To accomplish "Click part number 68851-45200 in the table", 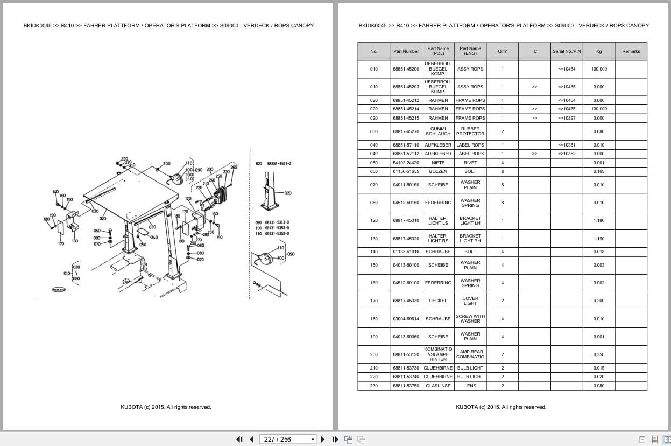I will tap(406, 69).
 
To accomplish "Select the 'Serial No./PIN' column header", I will tap(567, 51).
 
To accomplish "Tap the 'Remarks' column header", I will tap(631, 51).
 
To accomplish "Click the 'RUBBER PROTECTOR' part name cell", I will tap(470, 131).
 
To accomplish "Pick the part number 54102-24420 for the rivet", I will tap(406, 163).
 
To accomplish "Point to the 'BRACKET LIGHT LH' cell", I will tap(470, 220).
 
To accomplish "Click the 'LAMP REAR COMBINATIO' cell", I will tap(470, 354).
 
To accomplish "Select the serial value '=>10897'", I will tap(567, 118).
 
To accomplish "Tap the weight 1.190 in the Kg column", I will tap(598, 239).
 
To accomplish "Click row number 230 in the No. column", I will tap(373, 386).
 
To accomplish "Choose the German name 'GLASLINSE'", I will tap(438, 386).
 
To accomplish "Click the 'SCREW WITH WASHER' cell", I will tap(470, 319).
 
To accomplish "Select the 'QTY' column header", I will tap(502, 51).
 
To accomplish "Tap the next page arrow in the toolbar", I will tap(322, 439).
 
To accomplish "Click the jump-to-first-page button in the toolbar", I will tap(239, 439).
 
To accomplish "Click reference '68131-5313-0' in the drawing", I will tap(276, 222).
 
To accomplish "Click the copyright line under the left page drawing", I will tap(166, 407).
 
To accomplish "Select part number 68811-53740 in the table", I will tap(406, 377).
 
